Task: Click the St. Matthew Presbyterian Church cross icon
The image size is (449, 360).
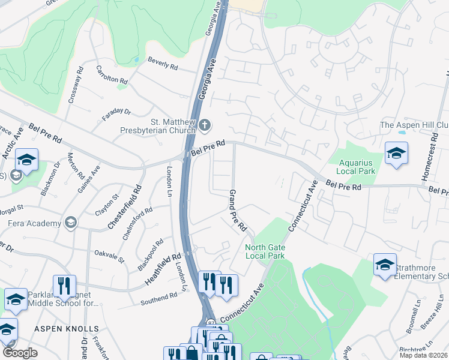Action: click(205, 125)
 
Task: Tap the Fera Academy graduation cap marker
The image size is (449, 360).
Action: click(71, 223)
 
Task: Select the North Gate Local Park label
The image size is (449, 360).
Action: click(265, 251)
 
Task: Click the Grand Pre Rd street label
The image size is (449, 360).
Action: click(238, 211)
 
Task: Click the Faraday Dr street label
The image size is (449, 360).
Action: click(116, 113)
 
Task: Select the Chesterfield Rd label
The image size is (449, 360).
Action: click(124, 206)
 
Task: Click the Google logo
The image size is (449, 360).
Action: click(20, 353)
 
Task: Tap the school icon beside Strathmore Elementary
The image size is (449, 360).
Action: click(385, 265)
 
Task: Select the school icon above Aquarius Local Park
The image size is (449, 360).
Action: click(396, 154)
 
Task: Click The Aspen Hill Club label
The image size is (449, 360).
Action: click(415, 125)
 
